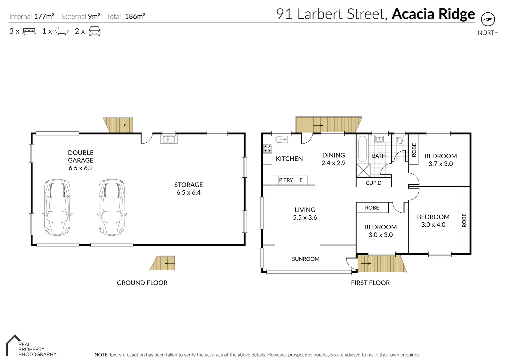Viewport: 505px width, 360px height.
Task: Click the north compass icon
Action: pyautogui.click(x=488, y=19)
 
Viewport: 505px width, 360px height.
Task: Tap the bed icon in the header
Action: pyautogui.click(x=29, y=32)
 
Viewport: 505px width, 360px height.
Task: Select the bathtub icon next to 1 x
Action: pyautogui.click(x=62, y=31)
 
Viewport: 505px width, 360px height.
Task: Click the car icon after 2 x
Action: pyautogui.click(x=94, y=31)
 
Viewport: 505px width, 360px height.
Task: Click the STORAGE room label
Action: pyautogui.click(x=188, y=185)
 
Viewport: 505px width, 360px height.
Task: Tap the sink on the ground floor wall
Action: pyautogui.click(x=169, y=139)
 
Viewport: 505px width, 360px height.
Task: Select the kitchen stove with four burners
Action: pyautogui.click(x=267, y=148)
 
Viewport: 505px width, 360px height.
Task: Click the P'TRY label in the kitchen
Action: pyautogui.click(x=286, y=180)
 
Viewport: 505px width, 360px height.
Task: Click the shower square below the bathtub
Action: pyautogui.click(x=363, y=170)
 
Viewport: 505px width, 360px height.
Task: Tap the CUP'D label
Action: pyautogui.click(x=373, y=183)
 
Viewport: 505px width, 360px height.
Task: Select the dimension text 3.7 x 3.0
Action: pyautogui.click(x=440, y=164)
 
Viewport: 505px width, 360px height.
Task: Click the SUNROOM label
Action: pyautogui.click(x=306, y=259)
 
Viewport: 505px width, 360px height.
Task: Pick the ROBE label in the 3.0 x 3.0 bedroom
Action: pyautogui.click(x=372, y=208)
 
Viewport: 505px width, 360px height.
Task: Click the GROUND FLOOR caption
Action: pyautogui.click(x=142, y=283)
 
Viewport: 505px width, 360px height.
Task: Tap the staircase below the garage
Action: pyautogui.click(x=162, y=263)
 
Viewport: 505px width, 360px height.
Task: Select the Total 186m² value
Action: pyautogui.click(x=134, y=16)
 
